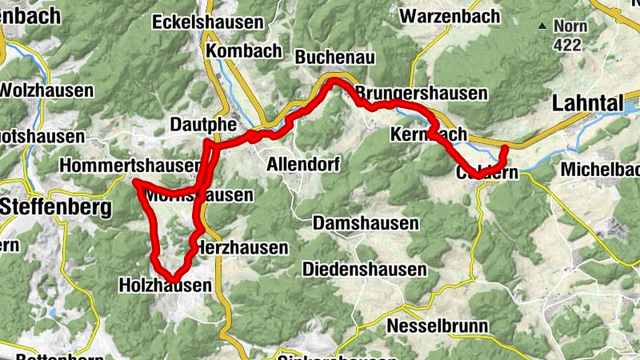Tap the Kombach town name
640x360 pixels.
(x=244, y=51)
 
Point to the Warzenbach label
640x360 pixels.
(x=450, y=15)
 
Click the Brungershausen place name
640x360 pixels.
(x=422, y=94)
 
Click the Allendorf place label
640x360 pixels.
(x=303, y=164)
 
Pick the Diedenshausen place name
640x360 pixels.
(x=365, y=270)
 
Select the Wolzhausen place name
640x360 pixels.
(x=46, y=90)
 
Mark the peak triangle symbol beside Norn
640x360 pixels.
(x=543, y=26)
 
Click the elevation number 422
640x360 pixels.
(x=569, y=46)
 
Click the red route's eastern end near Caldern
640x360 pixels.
(x=505, y=149)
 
